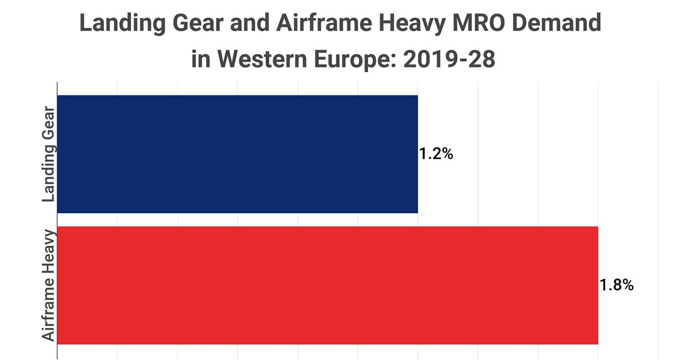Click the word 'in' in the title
tap(201, 59)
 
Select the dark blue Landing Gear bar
tap(238, 154)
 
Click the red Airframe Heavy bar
tap(328, 285)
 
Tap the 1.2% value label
tap(436, 154)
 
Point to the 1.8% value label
tap(616, 285)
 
